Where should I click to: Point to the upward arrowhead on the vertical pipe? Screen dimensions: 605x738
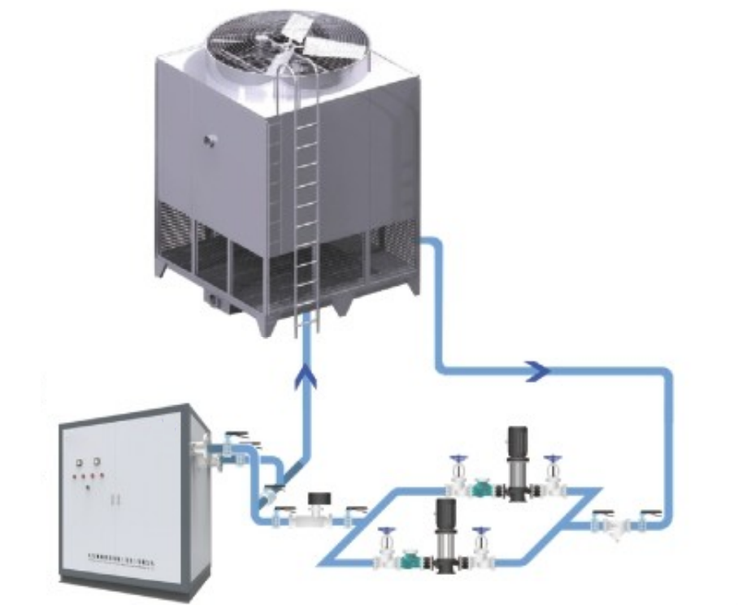[x=306, y=375]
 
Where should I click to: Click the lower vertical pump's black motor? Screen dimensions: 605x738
[x=445, y=516]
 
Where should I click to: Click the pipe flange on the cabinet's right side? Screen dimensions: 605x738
[x=198, y=452]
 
